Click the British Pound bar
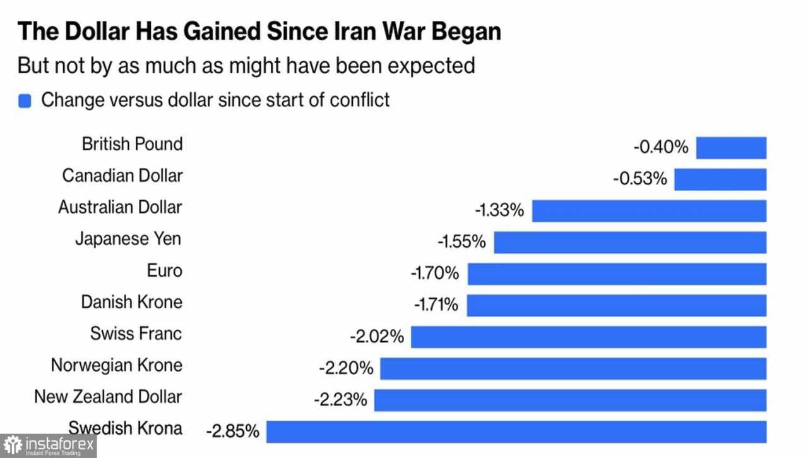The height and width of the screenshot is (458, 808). (731, 148)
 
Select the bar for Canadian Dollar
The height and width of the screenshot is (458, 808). (720, 179)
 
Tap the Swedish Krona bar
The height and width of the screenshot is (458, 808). (516, 432)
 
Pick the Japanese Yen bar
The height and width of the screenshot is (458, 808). (630, 243)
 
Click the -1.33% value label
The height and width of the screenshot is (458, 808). (499, 210)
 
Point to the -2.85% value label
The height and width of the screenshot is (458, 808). (232, 432)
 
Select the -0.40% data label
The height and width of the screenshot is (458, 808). (660, 148)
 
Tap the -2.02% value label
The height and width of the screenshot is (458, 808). (377, 337)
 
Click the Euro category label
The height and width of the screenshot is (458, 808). (164, 271)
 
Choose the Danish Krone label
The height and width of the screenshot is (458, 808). (131, 302)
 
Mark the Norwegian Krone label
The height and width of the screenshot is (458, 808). (116, 365)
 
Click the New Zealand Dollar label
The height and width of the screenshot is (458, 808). (108, 397)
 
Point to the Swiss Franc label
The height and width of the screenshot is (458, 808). (136, 334)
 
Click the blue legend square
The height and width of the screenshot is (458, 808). (25, 101)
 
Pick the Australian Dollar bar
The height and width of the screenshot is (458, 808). (649, 211)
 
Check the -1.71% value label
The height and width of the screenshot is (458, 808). (436, 305)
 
